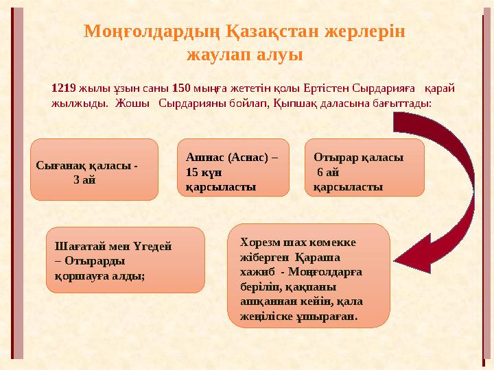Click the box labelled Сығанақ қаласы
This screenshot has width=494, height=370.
95,169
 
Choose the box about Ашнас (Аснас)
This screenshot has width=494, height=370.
233,168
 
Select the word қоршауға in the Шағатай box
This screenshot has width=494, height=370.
79,274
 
